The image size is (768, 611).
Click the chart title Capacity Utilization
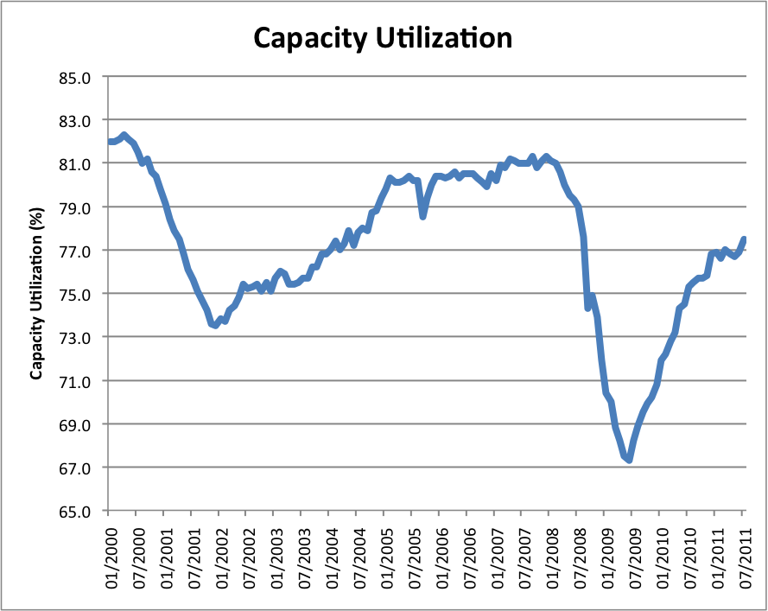(x=383, y=37)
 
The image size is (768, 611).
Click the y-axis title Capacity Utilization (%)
(x=36, y=294)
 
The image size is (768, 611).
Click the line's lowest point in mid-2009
(x=630, y=460)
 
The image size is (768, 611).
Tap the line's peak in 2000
(x=124, y=135)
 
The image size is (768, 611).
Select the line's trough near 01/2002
(x=214, y=325)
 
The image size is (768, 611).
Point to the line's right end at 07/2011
(x=745, y=239)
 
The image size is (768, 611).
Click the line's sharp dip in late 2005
(x=423, y=216)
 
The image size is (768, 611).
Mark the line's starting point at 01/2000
(x=110, y=142)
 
